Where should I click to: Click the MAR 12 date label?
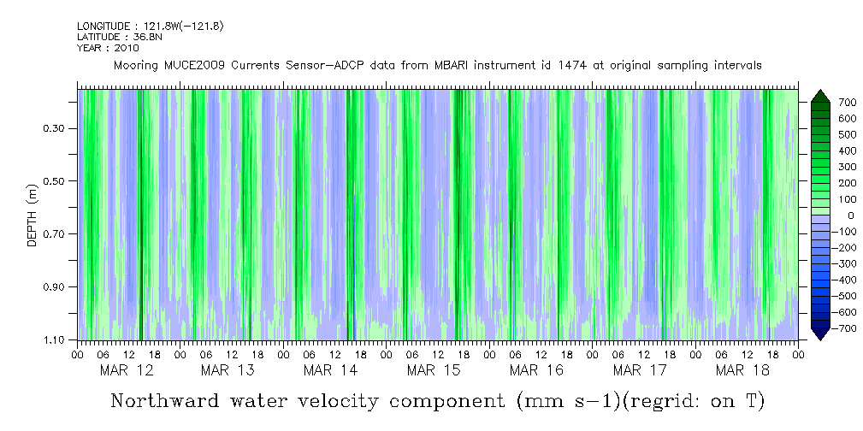click(127, 370)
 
